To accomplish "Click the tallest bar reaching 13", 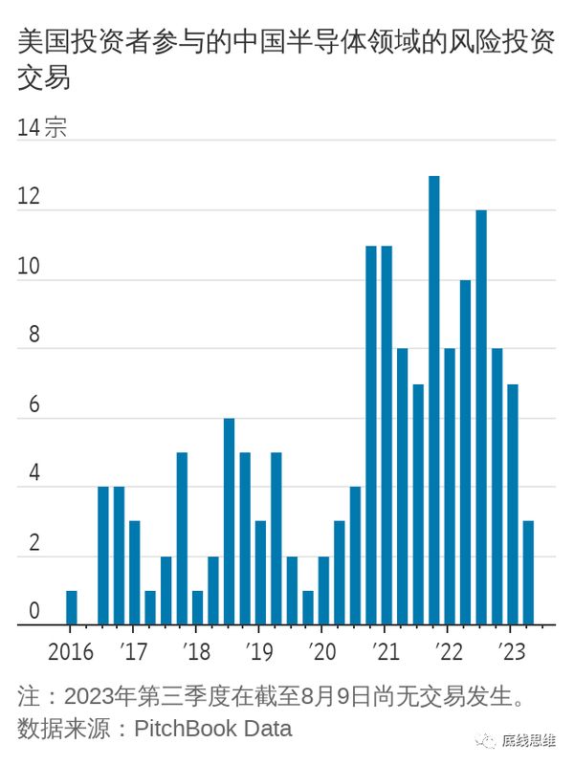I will pyautogui.click(x=434, y=401).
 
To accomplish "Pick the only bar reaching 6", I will pyautogui.click(x=230, y=521).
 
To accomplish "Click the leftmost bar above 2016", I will pyautogui.click(x=72, y=608).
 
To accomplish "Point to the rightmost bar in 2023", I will pyautogui.click(x=528, y=573).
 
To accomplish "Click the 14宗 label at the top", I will pyautogui.click(x=42, y=128).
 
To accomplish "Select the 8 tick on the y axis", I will pyautogui.click(x=34, y=336).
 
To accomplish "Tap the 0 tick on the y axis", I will pyautogui.click(x=34, y=612).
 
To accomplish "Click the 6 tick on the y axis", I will pyautogui.click(x=34, y=404).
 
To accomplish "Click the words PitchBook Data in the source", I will pyautogui.click(x=212, y=729).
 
